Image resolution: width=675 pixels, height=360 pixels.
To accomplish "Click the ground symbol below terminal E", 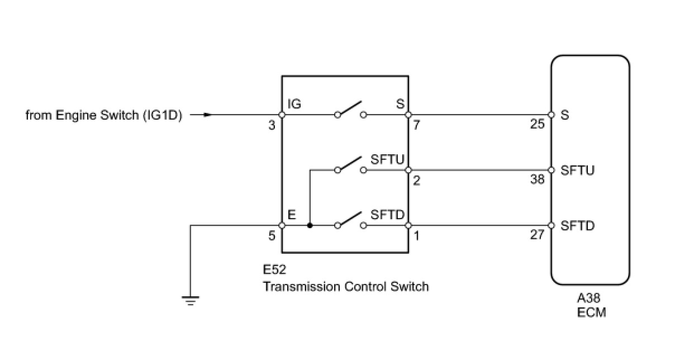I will [x=191, y=301].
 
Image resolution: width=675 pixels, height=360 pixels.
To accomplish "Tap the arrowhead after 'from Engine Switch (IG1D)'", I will [x=207, y=115].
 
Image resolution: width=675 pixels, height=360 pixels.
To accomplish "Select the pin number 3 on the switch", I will [x=272, y=126].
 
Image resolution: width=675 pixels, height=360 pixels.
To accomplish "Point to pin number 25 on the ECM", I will [x=537, y=124].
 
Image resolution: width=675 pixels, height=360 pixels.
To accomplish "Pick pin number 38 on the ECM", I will [x=537, y=180].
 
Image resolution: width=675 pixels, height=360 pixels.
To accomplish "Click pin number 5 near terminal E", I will [x=272, y=236].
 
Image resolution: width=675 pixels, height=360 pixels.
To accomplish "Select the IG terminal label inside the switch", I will [x=295, y=104].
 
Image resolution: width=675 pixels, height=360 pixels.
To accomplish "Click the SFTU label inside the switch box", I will [x=387, y=159].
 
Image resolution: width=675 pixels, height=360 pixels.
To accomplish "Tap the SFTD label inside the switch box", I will [x=387, y=215].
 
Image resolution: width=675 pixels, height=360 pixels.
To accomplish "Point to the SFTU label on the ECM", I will [x=577, y=170].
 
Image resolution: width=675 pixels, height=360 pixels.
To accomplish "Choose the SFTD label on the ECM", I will [x=577, y=226].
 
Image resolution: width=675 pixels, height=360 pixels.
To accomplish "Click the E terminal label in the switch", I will [x=291, y=215].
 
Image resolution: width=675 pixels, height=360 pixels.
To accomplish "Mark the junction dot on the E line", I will [x=310, y=226].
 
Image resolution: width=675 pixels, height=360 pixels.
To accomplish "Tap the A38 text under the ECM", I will [x=590, y=299].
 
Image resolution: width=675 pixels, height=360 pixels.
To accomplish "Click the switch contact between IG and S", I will [x=351, y=110].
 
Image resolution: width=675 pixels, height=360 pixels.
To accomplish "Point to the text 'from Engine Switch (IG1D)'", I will [x=104, y=116].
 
